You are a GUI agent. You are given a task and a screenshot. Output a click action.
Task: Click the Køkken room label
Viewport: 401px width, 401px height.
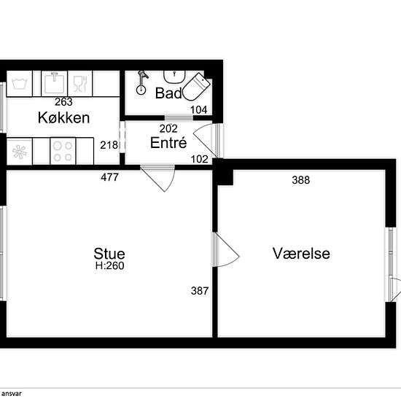pyautogui.click(x=63, y=118)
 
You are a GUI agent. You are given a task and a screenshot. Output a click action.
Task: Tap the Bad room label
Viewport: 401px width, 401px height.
pyautogui.click(x=168, y=93)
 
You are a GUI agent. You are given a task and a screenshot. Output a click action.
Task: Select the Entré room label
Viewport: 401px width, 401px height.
pyautogui.click(x=168, y=142)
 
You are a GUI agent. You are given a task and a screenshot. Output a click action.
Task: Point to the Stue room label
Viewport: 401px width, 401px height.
pyautogui.click(x=109, y=254)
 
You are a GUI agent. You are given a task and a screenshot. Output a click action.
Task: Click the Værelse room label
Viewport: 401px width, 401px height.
pyautogui.click(x=301, y=254)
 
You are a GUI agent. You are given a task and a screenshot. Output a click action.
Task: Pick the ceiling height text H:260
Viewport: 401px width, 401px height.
pyautogui.click(x=109, y=265)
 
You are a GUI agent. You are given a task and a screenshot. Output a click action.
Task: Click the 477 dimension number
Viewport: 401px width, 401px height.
pyautogui.click(x=109, y=177)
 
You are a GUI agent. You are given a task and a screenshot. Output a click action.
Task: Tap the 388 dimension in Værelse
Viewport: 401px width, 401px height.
pyautogui.click(x=300, y=180)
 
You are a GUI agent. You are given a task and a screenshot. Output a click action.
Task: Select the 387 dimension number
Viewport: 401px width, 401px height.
pyautogui.click(x=200, y=291)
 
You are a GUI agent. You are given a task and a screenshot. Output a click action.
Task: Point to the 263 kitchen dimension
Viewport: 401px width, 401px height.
pyautogui.click(x=63, y=102)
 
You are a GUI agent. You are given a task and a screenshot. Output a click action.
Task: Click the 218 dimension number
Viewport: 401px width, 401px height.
pyautogui.click(x=109, y=145)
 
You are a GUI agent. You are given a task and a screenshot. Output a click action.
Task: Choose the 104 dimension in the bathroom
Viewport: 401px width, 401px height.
pyautogui.click(x=199, y=110)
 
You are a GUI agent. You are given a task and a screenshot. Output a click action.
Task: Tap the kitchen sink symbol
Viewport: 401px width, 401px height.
pyautogui.click(x=54, y=83)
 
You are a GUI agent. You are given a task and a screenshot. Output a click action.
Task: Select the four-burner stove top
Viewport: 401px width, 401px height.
pyautogui.click(x=63, y=152)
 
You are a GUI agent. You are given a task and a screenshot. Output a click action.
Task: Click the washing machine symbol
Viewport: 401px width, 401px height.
pyautogui.click(x=20, y=83)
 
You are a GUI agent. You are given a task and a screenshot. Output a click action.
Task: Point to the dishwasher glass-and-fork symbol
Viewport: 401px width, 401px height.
pyautogui.click(x=80, y=83)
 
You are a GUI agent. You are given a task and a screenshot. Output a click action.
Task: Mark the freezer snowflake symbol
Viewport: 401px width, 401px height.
pyautogui.click(x=20, y=152)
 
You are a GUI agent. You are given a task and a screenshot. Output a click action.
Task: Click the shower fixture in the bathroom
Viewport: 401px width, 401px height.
pyautogui.click(x=141, y=83)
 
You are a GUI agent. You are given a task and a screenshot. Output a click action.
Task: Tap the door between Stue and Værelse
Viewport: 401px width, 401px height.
pyautogui.click(x=225, y=250)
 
